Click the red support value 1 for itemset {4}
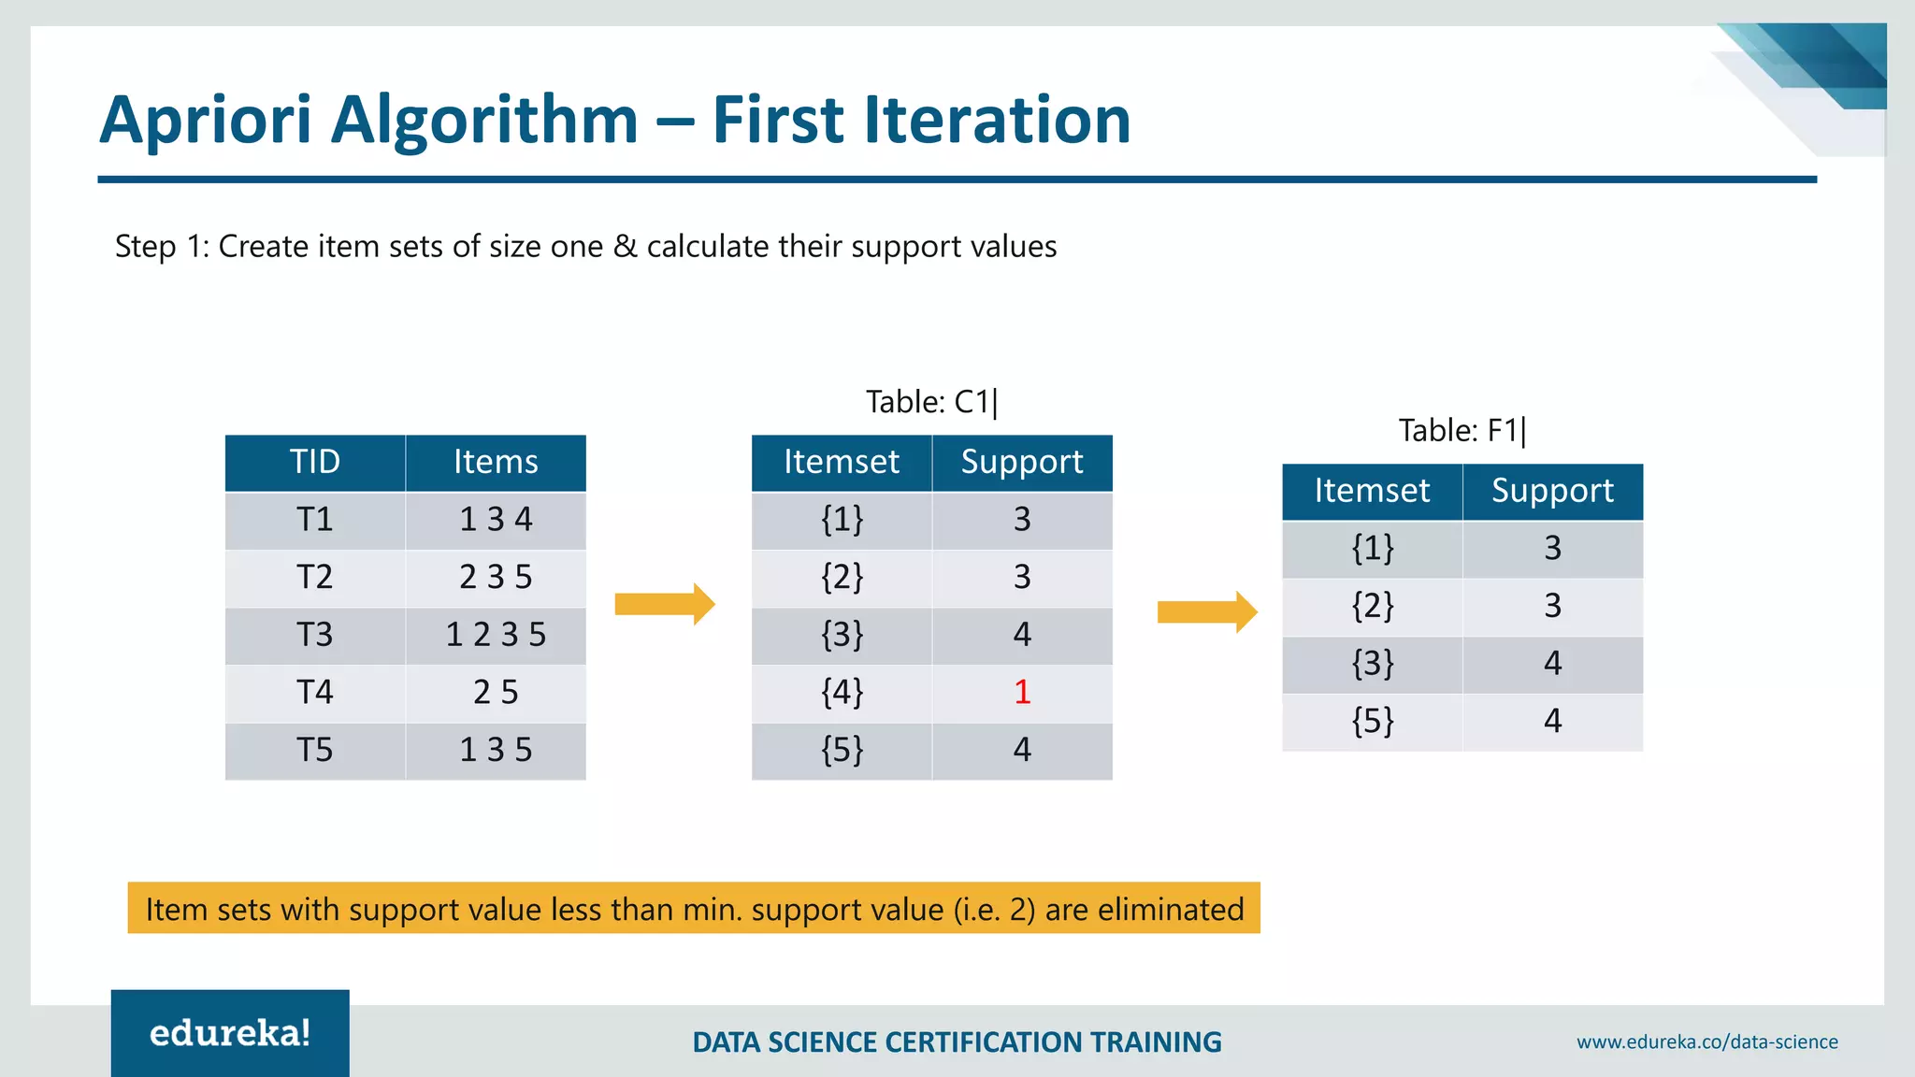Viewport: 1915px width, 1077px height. (1022, 693)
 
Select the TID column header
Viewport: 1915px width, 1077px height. (315, 462)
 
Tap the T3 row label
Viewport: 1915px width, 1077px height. (315, 635)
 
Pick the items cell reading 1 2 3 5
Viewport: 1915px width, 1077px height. (496, 635)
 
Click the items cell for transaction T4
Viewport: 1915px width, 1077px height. (496, 693)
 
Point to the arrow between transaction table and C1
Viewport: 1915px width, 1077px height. (664, 604)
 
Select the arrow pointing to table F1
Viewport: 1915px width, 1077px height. (1206, 611)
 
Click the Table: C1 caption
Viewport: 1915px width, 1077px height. (931, 402)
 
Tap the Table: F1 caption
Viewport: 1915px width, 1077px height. (1461, 431)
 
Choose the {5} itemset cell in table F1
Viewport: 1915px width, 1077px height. (1372, 722)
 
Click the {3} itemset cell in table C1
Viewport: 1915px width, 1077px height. (842, 635)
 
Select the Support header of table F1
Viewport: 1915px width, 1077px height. (1552, 491)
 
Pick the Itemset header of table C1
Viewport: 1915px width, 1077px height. (842, 462)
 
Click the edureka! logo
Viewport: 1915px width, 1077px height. (230, 1033)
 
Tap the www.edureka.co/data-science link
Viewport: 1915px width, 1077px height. (1706, 1041)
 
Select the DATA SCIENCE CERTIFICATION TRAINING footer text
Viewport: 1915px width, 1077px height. (957, 1041)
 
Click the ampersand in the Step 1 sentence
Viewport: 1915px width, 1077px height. (625, 247)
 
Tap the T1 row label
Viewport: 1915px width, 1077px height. (315, 520)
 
